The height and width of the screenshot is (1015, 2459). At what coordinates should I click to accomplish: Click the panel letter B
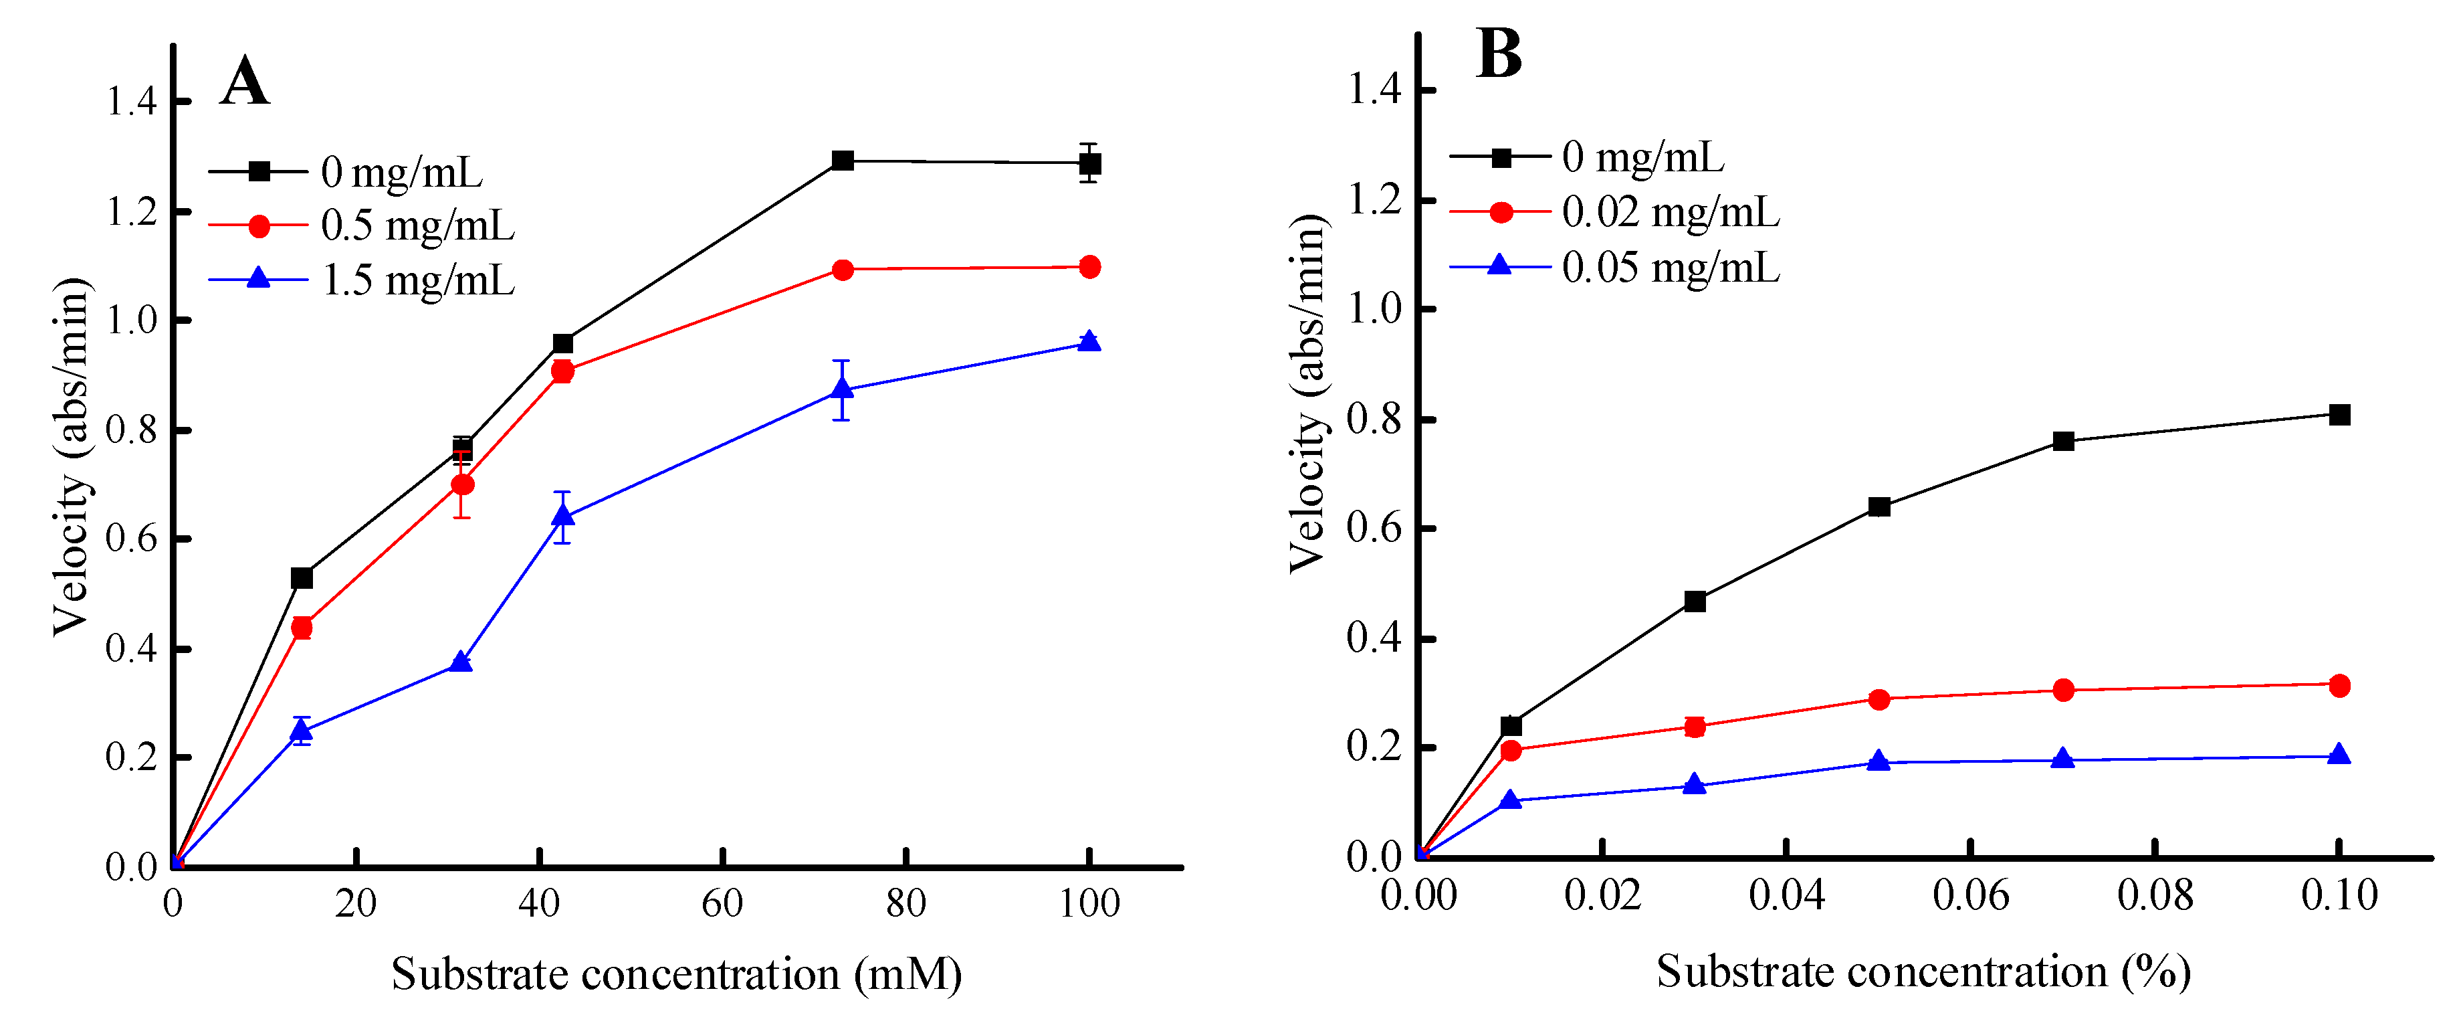[x=1499, y=54]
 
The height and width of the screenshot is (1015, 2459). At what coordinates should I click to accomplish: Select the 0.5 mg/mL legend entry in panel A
[x=362, y=225]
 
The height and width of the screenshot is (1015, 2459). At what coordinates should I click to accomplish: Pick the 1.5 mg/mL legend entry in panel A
[x=362, y=280]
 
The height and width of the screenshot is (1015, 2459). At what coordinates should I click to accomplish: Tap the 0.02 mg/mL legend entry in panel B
[x=1615, y=212]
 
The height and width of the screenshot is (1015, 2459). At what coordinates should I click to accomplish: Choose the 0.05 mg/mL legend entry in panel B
[x=1615, y=266]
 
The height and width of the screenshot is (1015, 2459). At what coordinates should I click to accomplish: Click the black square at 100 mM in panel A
[x=1089, y=164]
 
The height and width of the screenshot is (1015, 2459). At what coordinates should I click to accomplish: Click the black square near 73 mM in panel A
[x=842, y=161]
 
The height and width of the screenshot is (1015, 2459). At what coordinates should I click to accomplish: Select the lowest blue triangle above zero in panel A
[x=302, y=731]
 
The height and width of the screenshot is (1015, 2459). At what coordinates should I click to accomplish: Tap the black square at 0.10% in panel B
[x=2340, y=414]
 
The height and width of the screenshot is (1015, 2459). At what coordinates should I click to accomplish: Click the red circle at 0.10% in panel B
[x=2340, y=686]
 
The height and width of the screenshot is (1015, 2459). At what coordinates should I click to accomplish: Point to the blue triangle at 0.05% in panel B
[x=1879, y=760]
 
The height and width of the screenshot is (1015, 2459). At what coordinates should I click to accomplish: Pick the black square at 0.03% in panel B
[x=1695, y=601]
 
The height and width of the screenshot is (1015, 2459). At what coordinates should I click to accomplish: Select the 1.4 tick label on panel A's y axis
[x=131, y=101]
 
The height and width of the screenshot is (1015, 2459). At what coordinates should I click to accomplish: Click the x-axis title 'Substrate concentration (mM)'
[x=677, y=975]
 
